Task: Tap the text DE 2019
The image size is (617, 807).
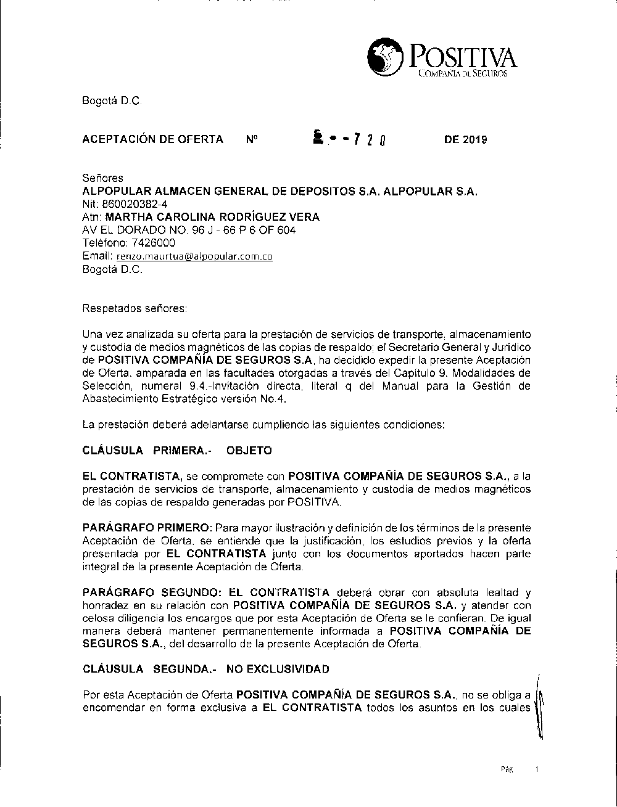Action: click(x=465, y=139)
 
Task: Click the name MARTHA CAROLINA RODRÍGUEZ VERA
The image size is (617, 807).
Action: click(x=212, y=217)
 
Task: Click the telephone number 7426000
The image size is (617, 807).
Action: click(x=145, y=243)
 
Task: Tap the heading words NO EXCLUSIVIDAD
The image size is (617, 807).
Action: click(x=278, y=669)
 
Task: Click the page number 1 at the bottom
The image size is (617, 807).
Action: click(x=537, y=769)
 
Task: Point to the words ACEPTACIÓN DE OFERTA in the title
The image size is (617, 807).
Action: click(x=152, y=139)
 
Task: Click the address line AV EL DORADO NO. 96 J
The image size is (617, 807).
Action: click(x=189, y=230)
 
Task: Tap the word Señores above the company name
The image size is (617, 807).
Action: click(x=102, y=178)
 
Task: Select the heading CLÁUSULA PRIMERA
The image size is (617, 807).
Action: click(x=147, y=451)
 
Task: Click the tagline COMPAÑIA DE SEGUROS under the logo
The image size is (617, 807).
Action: click(x=462, y=74)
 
